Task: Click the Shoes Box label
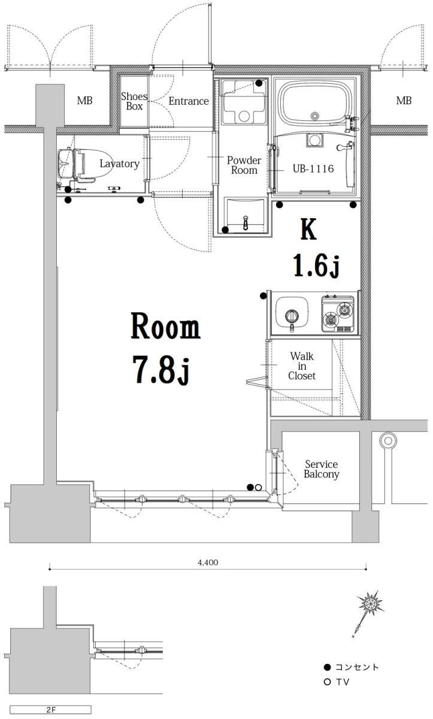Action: (134, 101)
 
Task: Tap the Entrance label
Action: (189, 101)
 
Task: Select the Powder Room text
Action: (244, 165)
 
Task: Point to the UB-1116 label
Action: (313, 168)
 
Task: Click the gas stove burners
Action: (338, 314)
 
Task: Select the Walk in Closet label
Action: (302, 366)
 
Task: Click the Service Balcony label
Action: (322, 469)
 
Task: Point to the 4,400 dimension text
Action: (208, 563)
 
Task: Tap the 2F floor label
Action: (51, 709)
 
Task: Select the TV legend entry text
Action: (343, 682)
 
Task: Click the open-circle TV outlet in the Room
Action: (258, 488)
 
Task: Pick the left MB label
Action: (84, 101)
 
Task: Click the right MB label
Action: (404, 101)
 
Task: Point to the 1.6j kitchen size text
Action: (316, 266)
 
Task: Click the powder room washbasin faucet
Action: (246, 222)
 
